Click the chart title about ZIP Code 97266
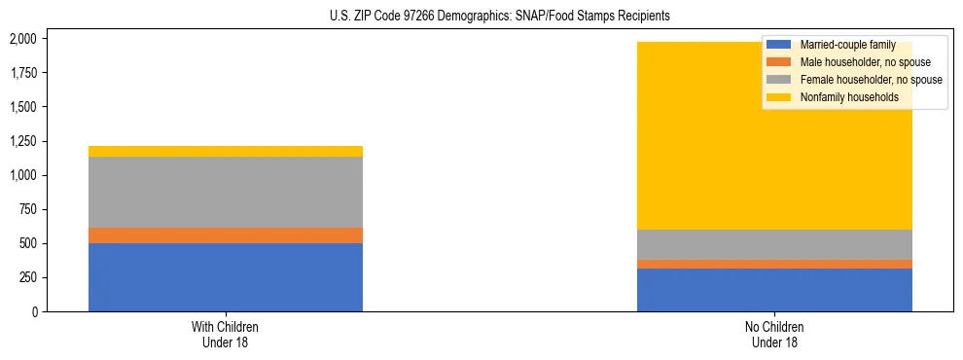pos(481,17)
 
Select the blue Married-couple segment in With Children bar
pos(225,277)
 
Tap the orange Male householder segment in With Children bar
pos(225,235)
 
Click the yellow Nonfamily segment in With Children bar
pos(225,151)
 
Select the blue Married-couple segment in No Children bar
pos(774,290)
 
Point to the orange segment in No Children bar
pos(774,264)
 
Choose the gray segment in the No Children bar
pos(774,244)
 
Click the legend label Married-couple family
pos(847,45)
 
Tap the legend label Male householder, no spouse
pos(858,62)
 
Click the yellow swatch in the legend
pos(779,97)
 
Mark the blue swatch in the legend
pos(779,45)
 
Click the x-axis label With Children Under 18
pos(225,334)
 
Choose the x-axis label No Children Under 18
pos(774,334)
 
